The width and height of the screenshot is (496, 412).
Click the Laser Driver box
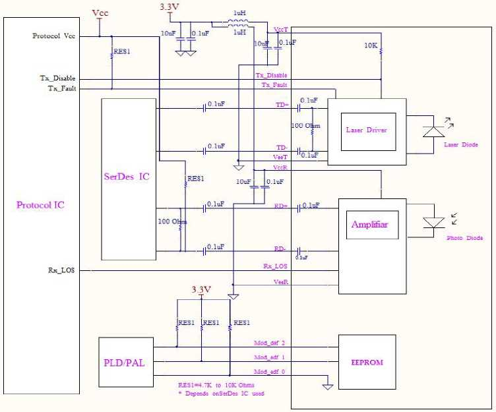tap(367, 131)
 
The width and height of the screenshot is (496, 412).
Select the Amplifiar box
tap(369, 225)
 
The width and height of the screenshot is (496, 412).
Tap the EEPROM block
tap(367, 363)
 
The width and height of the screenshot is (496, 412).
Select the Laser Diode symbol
tap(433, 131)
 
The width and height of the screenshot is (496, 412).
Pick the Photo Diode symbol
tap(433, 223)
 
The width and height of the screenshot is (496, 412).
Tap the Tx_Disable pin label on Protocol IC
tap(57, 78)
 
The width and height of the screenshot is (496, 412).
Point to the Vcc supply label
tap(100, 13)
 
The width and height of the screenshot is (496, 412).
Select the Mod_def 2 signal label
tap(270, 343)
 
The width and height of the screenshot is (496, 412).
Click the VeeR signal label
tap(280, 281)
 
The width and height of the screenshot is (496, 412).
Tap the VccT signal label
tap(280, 30)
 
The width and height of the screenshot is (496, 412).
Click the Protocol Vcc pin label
tap(54, 36)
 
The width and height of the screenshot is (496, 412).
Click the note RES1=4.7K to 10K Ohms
tap(216, 385)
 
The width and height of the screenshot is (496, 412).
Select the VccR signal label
tap(280, 169)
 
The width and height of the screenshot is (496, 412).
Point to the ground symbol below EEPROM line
tap(327, 386)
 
